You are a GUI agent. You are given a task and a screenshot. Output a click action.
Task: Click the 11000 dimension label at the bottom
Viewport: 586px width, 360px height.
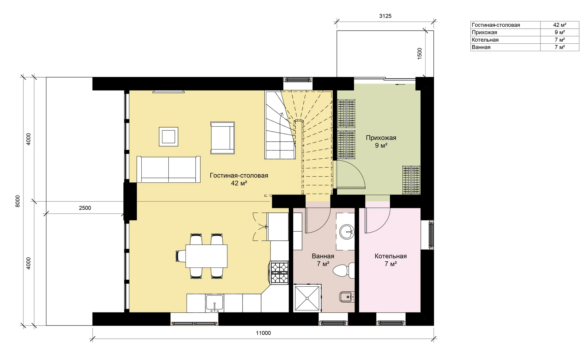coord(263,333)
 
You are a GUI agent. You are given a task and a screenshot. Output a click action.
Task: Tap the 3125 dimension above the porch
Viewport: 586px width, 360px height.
coord(385,16)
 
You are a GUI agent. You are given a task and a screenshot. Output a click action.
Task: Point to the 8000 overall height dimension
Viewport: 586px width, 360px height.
coord(18,201)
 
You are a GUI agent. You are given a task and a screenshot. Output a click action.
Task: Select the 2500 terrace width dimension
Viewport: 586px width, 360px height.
coord(85,208)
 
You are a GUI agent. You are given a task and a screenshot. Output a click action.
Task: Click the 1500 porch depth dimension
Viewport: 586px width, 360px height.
coord(420,53)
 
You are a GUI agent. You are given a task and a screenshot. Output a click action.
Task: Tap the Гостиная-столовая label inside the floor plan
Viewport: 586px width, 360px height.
coord(239,176)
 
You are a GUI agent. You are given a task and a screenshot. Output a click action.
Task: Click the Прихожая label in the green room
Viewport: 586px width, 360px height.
coord(381,138)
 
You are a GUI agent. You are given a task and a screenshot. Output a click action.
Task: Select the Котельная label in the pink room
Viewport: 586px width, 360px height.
coord(391,256)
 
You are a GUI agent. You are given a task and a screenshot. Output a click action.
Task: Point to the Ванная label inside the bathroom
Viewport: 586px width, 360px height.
coord(323,256)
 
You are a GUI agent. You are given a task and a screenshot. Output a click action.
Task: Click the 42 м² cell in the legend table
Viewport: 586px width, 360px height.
coord(560,25)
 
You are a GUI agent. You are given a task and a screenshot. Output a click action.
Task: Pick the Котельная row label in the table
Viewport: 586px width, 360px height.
coord(485,40)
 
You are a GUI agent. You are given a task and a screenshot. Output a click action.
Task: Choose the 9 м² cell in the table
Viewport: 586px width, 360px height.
coord(560,32)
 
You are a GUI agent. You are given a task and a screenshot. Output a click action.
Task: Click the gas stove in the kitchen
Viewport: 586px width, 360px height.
coord(279,272)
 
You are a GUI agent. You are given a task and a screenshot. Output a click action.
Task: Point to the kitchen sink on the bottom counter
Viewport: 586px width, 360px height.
coord(215,303)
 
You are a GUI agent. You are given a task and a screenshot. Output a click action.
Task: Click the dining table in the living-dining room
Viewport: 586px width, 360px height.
coord(206,256)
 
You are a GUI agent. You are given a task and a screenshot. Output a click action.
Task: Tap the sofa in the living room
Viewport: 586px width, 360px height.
coord(168,169)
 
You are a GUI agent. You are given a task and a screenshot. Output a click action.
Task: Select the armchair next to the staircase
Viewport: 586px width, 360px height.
coord(222,138)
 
